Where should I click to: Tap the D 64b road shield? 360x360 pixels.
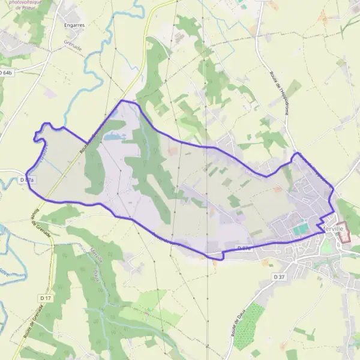pos(7,73)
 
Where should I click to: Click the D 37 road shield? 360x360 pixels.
pos(279,277)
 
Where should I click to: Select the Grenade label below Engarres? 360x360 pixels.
pos(73,44)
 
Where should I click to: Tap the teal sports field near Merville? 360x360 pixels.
pos(300,229)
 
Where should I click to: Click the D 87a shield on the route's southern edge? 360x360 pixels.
pos(244,248)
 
